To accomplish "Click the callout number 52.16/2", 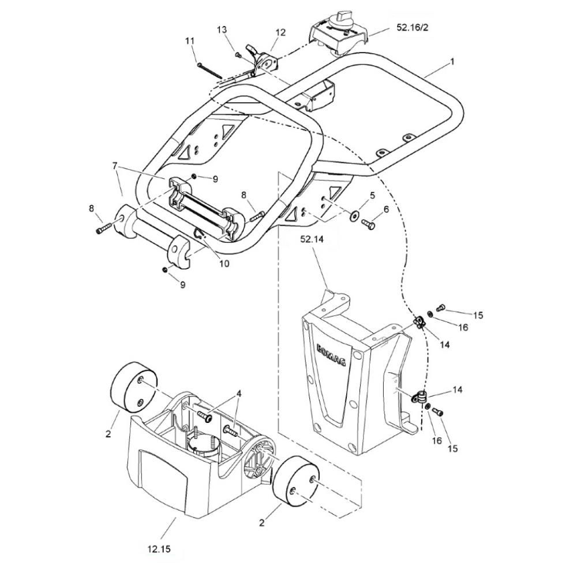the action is click(x=412, y=28).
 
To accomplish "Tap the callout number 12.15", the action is click(x=159, y=549).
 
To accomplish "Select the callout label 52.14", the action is click(x=312, y=239).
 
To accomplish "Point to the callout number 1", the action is click(x=452, y=62).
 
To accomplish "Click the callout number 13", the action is click(x=222, y=29).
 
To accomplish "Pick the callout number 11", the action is click(x=189, y=40).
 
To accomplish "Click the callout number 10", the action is click(x=224, y=264).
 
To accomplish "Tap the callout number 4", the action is click(x=239, y=394).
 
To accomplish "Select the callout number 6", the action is click(x=386, y=209).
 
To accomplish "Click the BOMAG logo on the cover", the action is click(x=331, y=355).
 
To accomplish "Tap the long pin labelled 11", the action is click(x=210, y=71).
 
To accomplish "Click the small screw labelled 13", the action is click(x=238, y=55).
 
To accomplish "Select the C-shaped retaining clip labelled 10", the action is click(x=200, y=234).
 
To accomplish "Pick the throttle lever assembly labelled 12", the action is click(x=262, y=62).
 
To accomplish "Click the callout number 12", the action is click(x=280, y=32).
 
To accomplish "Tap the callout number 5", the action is click(x=372, y=195).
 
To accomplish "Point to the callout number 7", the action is click(x=115, y=166).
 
